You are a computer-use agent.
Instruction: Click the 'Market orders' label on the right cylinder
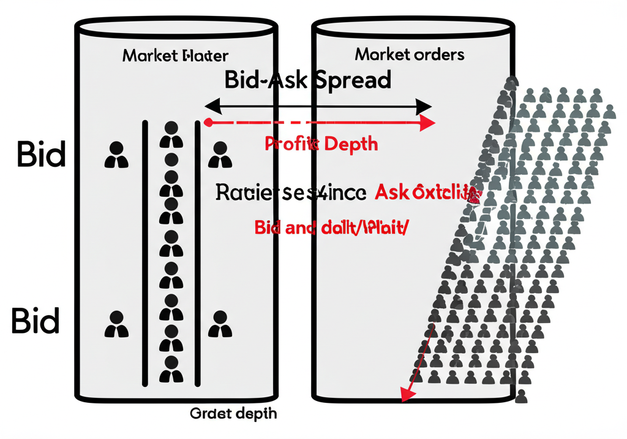click(409, 55)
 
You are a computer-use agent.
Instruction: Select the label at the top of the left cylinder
click(175, 56)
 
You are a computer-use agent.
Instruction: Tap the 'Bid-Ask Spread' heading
click(307, 80)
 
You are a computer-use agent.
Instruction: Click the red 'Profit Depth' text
click(321, 144)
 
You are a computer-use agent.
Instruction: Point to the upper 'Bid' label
click(40, 155)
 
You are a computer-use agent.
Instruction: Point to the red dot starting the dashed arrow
click(208, 123)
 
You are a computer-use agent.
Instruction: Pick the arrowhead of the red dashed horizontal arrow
click(428, 123)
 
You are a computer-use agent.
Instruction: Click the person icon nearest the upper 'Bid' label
click(116, 156)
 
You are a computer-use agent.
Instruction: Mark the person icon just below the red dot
click(220, 156)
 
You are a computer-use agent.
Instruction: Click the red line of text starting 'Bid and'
click(331, 229)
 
